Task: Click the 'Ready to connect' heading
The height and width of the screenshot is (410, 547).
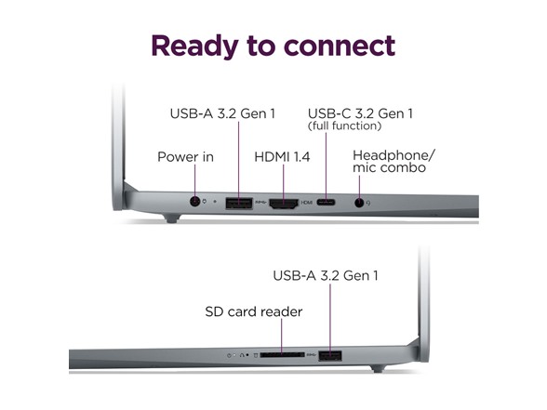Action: [x=273, y=46]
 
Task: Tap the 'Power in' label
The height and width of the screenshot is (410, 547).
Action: [x=185, y=157]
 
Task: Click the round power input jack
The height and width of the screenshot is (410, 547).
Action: [x=194, y=201]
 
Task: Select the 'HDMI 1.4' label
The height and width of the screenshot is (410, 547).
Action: [x=282, y=157]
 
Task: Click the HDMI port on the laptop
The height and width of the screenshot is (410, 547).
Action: [x=284, y=204]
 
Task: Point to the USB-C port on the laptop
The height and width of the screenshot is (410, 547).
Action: [x=326, y=203]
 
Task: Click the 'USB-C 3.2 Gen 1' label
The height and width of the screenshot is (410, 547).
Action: [x=360, y=113]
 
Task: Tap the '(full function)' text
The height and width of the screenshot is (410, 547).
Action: [x=344, y=126]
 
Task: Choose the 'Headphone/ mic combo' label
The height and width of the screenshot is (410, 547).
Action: [x=394, y=162]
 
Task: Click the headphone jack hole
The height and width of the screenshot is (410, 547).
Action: [x=359, y=203]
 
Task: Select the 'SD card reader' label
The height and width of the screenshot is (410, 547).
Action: [x=254, y=311]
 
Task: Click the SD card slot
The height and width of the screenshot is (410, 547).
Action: [x=282, y=355]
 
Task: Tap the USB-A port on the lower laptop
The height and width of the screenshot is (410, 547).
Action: [x=330, y=356]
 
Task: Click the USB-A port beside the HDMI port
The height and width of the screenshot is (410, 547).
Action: [x=239, y=203]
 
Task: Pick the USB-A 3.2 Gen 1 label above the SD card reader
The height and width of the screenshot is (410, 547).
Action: [x=326, y=276]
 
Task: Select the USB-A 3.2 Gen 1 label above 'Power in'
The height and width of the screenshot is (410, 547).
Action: [x=222, y=113]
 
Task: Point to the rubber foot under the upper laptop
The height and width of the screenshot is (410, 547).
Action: [x=171, y=218]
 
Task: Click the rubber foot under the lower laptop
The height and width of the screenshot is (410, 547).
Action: [x=378, y=368]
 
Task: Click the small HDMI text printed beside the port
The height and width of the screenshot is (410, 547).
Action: [x=307, y=203]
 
